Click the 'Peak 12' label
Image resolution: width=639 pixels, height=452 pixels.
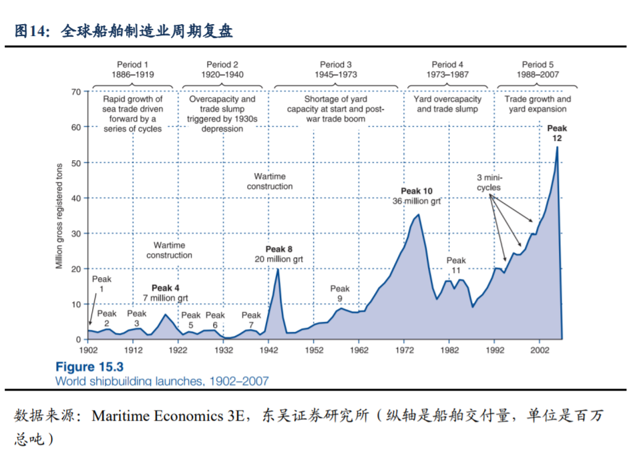[556, 133]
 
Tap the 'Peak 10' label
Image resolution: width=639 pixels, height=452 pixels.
[417, 191]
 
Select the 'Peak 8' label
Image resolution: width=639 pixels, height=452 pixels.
[279, 249]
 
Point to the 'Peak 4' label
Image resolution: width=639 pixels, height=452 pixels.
[166, 288]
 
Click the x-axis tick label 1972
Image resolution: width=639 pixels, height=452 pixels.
[403, 350]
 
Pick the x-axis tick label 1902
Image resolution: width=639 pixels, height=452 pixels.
[88, 350]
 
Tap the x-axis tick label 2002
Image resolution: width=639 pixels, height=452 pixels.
[539, 350]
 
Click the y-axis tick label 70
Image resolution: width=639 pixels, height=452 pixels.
[75, 91]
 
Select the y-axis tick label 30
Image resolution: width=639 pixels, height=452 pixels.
[75, 234]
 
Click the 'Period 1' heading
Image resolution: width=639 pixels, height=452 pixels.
[132, 65]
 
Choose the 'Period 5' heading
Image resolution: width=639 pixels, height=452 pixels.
[538, 65]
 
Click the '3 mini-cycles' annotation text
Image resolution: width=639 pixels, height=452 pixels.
[489, 182]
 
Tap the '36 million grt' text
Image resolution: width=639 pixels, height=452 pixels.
[417, 200]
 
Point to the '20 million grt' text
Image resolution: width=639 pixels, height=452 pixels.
[279, 258]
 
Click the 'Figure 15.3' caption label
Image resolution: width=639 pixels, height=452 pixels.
[89, 367]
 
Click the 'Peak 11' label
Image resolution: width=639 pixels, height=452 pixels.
[456, 265]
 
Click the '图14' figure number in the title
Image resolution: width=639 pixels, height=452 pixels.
[29, 31]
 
